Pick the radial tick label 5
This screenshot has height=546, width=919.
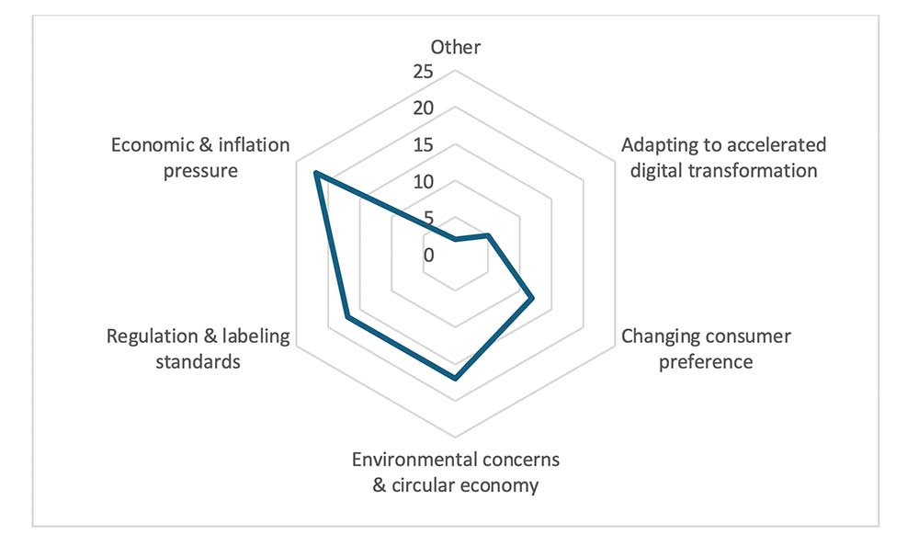[x=427, y=219]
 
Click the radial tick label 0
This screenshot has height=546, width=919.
[x=428, y=256]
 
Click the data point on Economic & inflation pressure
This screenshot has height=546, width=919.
[x=315, y=174]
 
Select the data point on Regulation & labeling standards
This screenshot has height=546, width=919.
[x=346, y=317]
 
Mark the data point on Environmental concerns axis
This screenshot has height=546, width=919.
[x=455, y=377]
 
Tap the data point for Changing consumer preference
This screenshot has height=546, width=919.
[x=531, y=298]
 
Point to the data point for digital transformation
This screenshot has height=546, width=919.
[x=487, y=236]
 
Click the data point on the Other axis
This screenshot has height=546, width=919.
[x=455, y=240]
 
